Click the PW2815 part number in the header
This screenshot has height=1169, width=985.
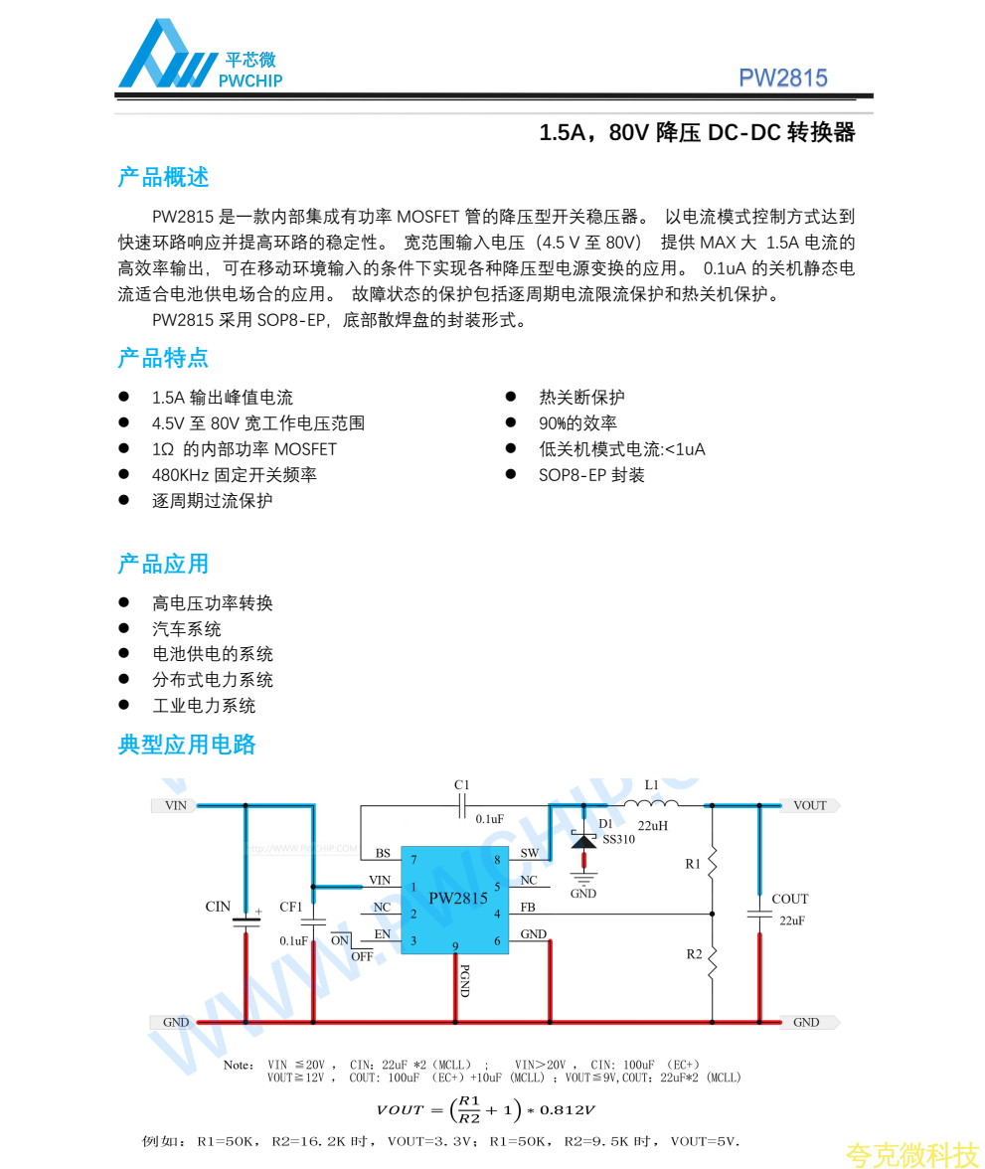(782, 79)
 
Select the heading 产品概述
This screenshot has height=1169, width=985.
(163, 178)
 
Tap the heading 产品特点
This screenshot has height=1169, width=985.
(163, 358)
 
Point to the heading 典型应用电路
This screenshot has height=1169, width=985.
(187, 745)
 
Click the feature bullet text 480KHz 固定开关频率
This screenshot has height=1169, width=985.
(234, 475)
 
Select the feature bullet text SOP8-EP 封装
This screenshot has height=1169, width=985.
(591, 475)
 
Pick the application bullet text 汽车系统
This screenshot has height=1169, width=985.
(187, 629)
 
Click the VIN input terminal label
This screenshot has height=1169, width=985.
(175, 805)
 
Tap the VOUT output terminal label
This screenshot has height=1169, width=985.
(810, 805)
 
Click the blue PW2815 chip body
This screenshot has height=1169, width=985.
(457, 899)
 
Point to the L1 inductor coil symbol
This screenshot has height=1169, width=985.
(652, 804)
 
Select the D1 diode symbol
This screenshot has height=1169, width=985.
(583, 841)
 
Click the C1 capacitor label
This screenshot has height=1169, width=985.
(462, 785)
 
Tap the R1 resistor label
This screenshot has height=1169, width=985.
(693, 864)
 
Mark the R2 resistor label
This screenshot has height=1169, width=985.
(694, 954)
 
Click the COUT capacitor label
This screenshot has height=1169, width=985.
(790, 899)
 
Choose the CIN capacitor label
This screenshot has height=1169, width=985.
(218, 907)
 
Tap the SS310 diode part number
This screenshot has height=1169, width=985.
(618, 839)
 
